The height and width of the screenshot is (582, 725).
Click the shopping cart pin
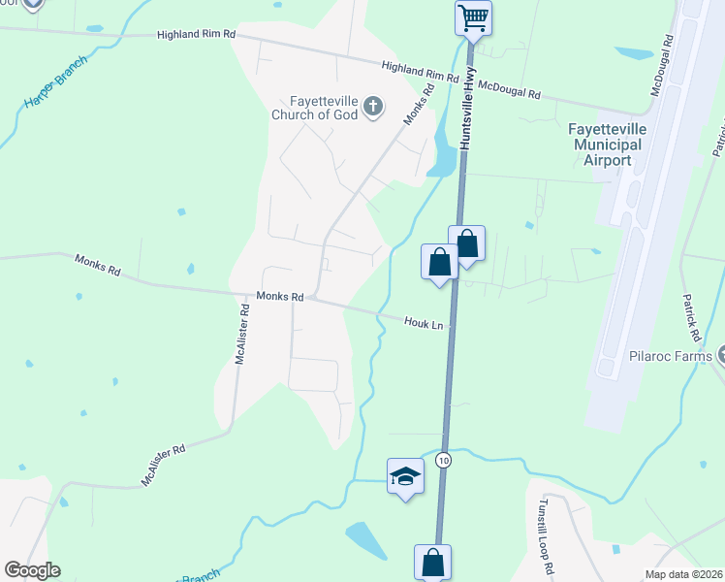coord(473,17)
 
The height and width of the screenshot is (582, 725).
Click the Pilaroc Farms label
coord(671,356)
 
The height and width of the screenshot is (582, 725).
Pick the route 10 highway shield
coord(444,458)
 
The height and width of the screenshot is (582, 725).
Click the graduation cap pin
coord(405,476)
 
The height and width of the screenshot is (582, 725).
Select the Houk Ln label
coord(425,322)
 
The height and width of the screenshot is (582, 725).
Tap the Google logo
coord(32,570)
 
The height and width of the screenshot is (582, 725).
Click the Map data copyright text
coord(683,574)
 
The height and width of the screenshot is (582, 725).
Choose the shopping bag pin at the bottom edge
coord(432,563)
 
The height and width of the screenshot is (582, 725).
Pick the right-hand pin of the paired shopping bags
coord(466,243)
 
